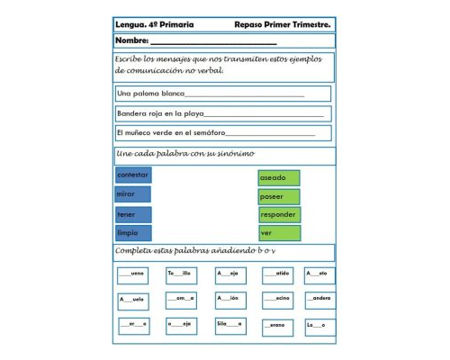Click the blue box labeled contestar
132,175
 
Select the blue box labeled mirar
132,194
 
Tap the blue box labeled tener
132,214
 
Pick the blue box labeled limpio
132,232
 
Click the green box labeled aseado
278,178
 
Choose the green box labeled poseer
278,196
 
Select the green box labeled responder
279,215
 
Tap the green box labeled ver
278,233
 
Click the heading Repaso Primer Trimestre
282,24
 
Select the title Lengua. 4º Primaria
154,24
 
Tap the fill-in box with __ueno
132,274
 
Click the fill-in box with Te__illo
181,274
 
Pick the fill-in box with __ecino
277,299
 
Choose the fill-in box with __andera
319,299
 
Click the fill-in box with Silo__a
230,325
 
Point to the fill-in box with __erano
277,325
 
